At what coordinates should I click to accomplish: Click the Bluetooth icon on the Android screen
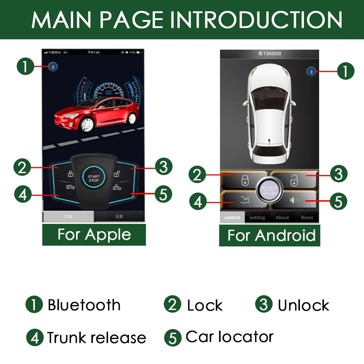coord(311,72)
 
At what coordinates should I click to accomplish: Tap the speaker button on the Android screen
coord(294,201)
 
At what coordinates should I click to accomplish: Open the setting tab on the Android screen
coord(257,218)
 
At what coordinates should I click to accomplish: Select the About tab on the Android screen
coord(282,218)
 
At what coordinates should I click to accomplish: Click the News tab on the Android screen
coord(307,218)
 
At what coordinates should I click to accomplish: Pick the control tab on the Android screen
coord(232,218)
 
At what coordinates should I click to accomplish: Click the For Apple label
coord(94,234)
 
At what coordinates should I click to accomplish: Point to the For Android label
coord(271,236)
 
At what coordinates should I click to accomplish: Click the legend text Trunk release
coord(96,338)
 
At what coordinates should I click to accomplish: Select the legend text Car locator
coord(229,337)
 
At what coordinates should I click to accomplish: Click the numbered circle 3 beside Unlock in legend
coord(264,304)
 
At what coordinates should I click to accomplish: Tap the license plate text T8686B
coord(272,54)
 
